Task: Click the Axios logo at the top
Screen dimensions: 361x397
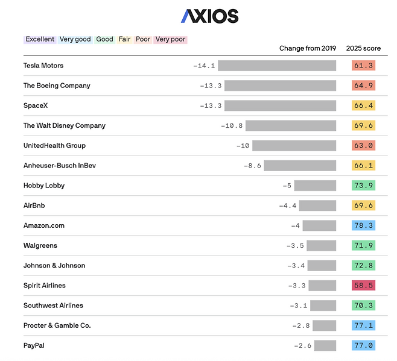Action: (209, 16)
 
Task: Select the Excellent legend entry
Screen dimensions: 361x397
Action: (40, 40)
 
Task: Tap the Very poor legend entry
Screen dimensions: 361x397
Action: (170, 40)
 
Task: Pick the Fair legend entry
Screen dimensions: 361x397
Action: (124, 40)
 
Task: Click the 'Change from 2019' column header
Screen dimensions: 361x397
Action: (308, 48)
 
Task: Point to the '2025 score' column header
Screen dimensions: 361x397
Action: (363, 48)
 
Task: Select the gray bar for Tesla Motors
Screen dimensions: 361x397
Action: (277, 66)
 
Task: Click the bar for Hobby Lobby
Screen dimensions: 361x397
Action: (315, 186)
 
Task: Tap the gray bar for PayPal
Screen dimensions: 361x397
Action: (325, 345)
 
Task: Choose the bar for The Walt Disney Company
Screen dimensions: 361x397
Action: (291, 125)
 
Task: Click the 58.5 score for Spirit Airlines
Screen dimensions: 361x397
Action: (363, 286)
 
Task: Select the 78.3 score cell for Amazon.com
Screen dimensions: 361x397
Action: (363, 225)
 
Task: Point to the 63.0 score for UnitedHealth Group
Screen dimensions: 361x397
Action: (363, 145)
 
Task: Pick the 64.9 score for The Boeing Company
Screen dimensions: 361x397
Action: (363, 86)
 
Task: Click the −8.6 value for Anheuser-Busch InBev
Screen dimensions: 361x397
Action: (252, 166)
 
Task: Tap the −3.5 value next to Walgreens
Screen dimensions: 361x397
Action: (295, 246)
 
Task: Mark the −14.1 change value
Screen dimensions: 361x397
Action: (204, 66)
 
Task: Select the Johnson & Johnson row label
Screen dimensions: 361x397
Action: (54, 266)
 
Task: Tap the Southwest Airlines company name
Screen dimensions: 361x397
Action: (53, 306)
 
